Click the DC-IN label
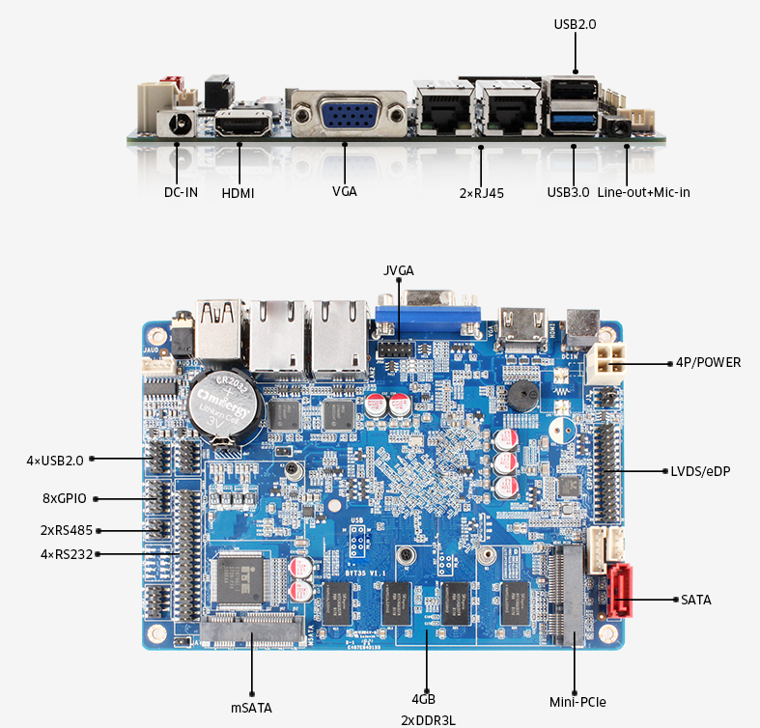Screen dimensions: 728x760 pos(181,192)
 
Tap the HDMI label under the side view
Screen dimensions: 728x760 pos(238,192)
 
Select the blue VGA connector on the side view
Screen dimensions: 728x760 pos(346,115)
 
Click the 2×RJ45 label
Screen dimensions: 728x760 pos(482,192)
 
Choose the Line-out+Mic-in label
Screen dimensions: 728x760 pos(643,192)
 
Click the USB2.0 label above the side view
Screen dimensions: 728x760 pos(575,24)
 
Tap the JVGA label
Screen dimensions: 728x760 pos(398,269)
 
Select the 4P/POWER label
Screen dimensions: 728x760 pos(709,363)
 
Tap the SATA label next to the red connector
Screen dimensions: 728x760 pos(695,600)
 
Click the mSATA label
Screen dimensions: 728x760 pos(251,707)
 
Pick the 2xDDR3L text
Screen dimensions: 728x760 pos(428,720)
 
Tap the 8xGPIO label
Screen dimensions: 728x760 pos(64,498)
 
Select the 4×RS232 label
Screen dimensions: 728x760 pos(60,553)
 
